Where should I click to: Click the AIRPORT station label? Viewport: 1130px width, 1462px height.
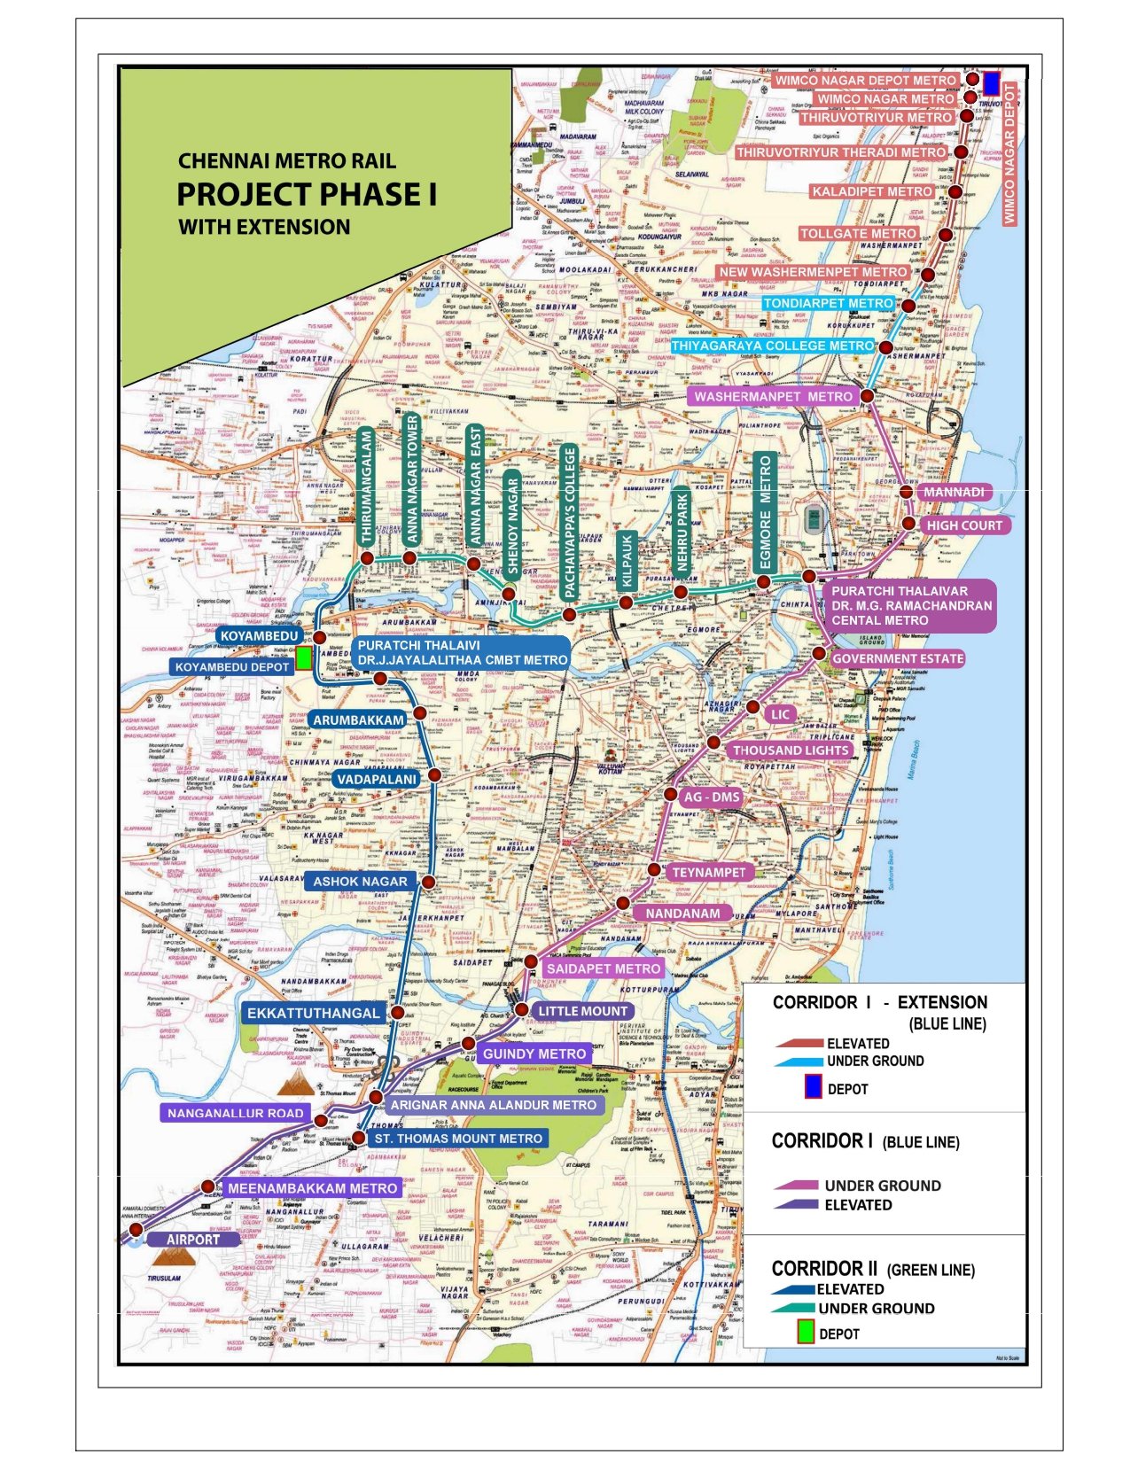click(x=193, y=1240)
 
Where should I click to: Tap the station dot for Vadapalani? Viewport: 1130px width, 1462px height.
click(x=434, y=775)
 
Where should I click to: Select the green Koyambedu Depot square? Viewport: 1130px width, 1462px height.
click(x=304, y=657)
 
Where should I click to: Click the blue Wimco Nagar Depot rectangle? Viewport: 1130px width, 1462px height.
click(x=992, y=83)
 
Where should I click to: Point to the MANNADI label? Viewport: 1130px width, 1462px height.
click(x=954, y=493)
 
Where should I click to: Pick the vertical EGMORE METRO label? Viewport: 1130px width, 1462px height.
click(x=766, y=512)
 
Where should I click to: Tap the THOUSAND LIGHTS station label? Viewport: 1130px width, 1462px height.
click(x=791, y=750)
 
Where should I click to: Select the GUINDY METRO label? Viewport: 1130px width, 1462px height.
click(x=534, y=1054)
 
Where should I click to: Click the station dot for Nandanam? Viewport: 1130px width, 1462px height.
click(x=623, y=903)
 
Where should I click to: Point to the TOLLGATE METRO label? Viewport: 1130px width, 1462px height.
click(x=858, y=234)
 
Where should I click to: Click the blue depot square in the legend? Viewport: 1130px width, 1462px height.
click(x=812, y=1087)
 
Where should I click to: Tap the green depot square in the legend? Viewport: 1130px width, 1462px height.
click(x=806, y=1332)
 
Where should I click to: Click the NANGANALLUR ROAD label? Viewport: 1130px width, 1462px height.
click(x=235, y=1113)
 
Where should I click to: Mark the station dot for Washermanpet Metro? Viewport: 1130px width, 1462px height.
click(x=868, y=395)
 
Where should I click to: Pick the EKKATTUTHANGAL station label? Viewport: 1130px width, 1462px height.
click(x=313, y=1013)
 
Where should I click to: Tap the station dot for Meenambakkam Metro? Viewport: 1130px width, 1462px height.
click(x=208, y=1186)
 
